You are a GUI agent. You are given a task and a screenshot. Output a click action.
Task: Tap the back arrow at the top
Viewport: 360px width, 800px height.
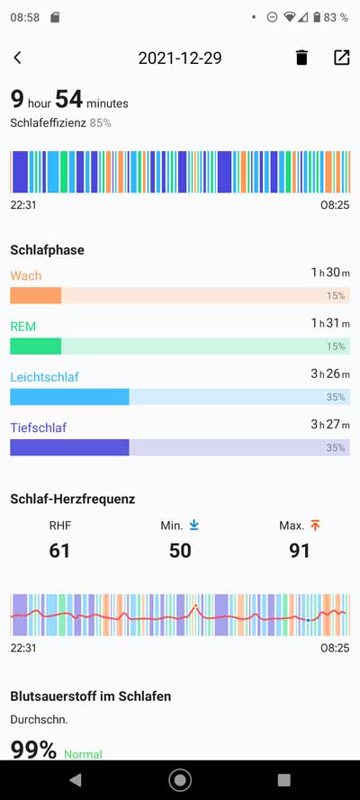(17, 58)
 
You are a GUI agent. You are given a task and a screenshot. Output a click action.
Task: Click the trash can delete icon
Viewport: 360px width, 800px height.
(301, 58)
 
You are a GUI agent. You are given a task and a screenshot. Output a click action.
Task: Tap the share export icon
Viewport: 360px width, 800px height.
(341, 58)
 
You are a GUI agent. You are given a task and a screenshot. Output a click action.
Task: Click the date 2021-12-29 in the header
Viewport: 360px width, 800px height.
(180, 58)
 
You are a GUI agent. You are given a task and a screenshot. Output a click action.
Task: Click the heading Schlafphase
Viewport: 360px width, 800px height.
(47, 249)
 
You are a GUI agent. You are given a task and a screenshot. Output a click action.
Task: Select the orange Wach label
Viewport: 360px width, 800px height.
(26, 275)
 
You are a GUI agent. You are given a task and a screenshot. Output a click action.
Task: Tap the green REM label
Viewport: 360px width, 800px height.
(23, 326)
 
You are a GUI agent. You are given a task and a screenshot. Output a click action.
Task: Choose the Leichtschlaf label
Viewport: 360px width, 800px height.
(44, 376)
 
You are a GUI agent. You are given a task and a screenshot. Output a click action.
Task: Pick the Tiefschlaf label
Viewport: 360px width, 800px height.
(39, 427)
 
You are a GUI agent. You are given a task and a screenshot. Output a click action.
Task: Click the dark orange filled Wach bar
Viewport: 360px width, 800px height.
(35, 295)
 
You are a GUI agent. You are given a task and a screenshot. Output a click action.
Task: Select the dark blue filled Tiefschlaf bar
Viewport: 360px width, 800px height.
(69, 447)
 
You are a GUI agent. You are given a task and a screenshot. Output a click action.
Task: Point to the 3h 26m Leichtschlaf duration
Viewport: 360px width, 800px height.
(329, 373)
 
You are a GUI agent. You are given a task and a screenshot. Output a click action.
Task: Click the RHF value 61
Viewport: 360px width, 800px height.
(59, 550)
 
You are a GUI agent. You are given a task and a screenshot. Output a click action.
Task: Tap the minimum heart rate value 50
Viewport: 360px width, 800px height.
(180, 550)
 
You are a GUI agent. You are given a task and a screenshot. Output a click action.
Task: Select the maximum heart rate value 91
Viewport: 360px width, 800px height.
(300, 550)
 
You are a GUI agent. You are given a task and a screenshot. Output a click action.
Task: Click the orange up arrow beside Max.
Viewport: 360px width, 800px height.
(315, 526)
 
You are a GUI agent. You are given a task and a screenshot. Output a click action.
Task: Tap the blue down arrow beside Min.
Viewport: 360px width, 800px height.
(194, 526)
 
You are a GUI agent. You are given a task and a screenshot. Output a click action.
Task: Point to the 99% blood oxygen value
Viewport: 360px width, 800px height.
(33, 749)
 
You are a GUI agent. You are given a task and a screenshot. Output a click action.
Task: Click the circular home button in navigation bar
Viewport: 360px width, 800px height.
(180, 779)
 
